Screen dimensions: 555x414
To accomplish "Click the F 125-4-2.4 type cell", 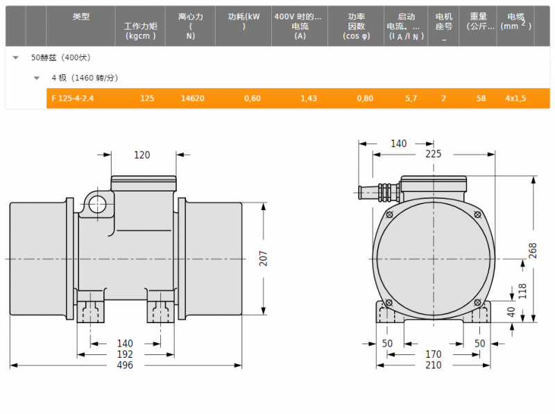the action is tap(73, 98).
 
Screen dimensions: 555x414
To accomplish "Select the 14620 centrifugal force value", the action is tap(193, 98).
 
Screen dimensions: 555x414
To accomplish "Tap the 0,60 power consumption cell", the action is tap(253, 98).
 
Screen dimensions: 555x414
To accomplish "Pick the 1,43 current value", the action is tap(309, 98).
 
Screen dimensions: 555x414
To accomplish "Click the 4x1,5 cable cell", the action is tap(515, 98).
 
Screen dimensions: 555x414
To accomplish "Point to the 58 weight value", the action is tap(481, 98).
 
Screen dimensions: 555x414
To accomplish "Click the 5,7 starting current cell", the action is tap(411, 98).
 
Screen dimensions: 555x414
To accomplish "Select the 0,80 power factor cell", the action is tap(365, 98).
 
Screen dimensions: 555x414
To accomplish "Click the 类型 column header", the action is tap(81, 16).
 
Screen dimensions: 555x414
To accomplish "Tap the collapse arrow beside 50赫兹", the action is tap(15, 58).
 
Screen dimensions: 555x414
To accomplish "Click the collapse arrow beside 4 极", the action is tap(37, 78).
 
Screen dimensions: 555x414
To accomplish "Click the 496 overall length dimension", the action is tap(125, 365).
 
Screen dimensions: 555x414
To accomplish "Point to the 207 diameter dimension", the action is tap(263, 258).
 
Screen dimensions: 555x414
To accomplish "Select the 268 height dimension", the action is tap(533, 250).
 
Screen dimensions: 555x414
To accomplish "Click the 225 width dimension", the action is tap(433, 154).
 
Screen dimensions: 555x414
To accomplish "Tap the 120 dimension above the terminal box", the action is tap(142, 155).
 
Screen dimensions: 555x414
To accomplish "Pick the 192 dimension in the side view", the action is tap(125, 354).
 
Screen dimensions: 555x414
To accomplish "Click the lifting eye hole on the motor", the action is tap(97, 204).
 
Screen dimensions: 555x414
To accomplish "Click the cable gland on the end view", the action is tap(379, 193).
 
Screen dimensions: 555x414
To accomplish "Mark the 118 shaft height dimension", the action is tap(522, 291).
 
